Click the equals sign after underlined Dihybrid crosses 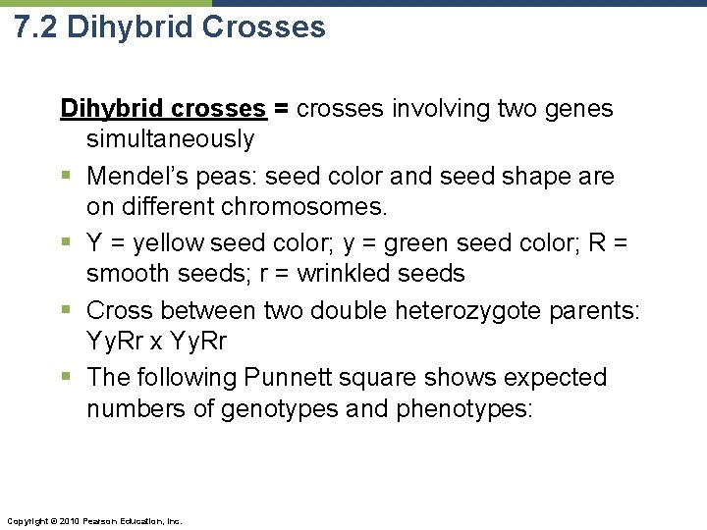[281, 109]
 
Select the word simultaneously [170, 140]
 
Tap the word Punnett [298, 378]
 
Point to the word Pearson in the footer [102, 520]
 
